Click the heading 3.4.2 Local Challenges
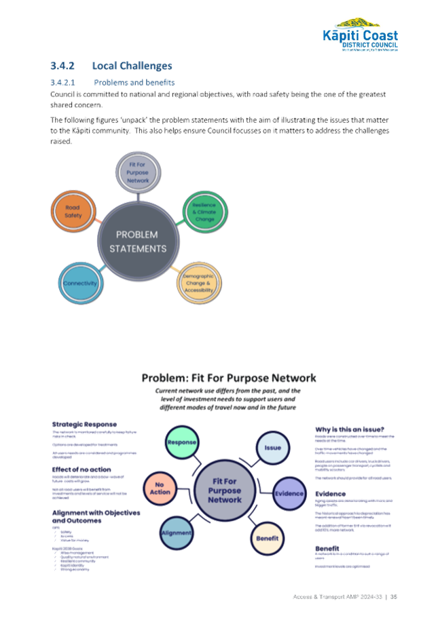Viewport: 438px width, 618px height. (111, 66)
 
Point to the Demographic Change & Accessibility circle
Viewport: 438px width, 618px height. (198, 284)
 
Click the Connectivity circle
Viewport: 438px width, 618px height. (80, 283)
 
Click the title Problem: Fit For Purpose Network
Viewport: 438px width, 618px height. (229, 378)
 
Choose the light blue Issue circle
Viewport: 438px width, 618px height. (272, 448)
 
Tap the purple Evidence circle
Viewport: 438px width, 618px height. (289, 493)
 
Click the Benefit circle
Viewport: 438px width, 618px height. (267, 537)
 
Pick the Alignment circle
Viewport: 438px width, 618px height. (176, 533)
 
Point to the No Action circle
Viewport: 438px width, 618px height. (160, 488)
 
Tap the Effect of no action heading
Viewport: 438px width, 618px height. (81, 469)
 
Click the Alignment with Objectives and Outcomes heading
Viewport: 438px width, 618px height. (96, 517)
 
